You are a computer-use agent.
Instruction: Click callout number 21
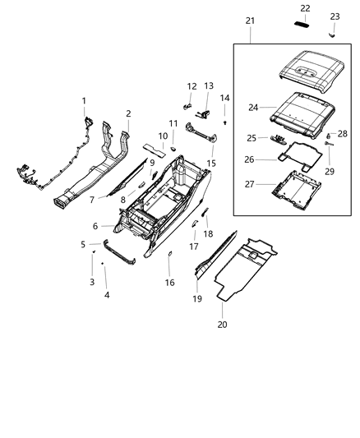[x=250, y=21]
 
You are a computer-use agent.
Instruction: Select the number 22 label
[x=306, y=8]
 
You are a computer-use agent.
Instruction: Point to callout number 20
[x=222, y=325]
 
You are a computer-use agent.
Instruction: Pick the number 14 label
[x=224, y=98]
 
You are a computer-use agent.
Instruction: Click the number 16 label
[x=169, y=283]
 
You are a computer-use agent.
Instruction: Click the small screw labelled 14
[x=224, y=122]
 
